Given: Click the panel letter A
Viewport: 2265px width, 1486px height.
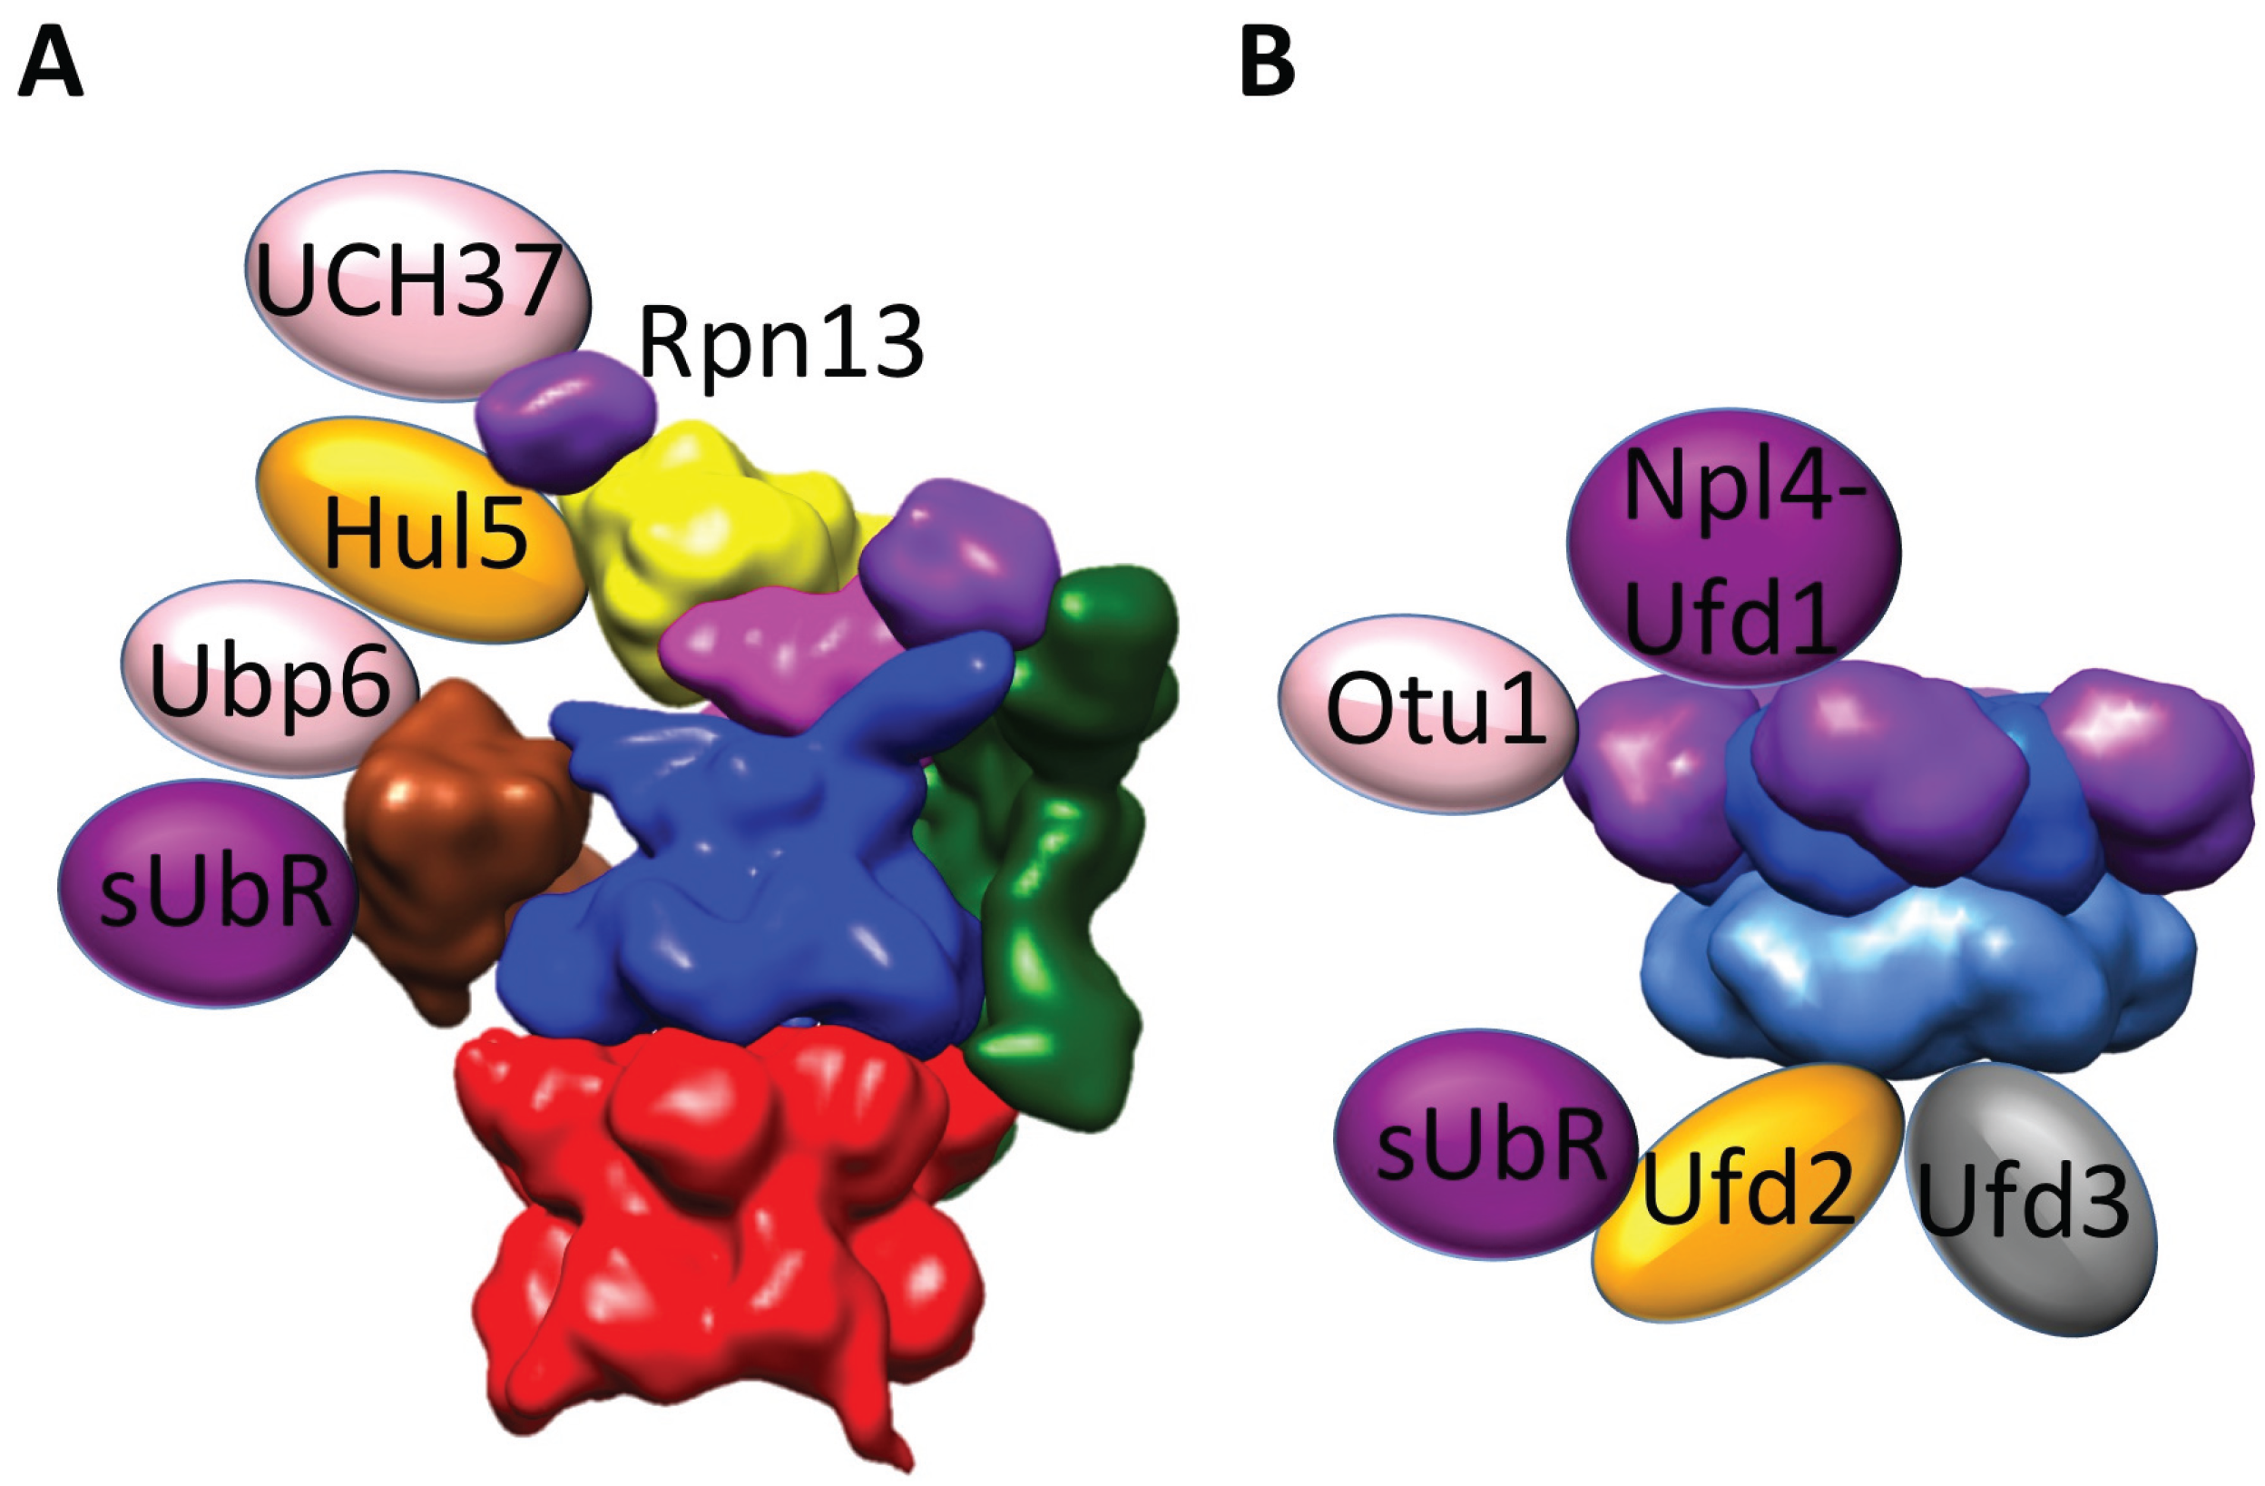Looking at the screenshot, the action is (51, 65).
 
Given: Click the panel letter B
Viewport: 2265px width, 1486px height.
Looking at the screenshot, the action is (1268, 65).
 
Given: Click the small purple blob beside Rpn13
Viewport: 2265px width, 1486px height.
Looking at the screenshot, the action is (566, 418).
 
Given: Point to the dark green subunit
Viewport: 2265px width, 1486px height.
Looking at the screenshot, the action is (1066, 857).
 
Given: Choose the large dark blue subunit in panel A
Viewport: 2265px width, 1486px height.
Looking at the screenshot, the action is (742, 885).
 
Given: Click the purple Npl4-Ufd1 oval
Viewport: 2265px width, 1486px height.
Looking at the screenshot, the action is (1732, 547).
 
